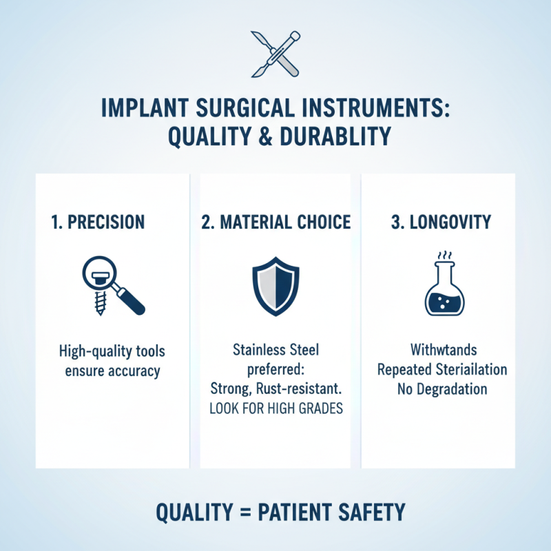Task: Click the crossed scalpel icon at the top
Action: pos(275,52)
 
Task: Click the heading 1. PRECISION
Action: pos(98,222)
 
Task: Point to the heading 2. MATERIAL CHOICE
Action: pos(275,222)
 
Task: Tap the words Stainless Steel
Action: pos(275,351)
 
